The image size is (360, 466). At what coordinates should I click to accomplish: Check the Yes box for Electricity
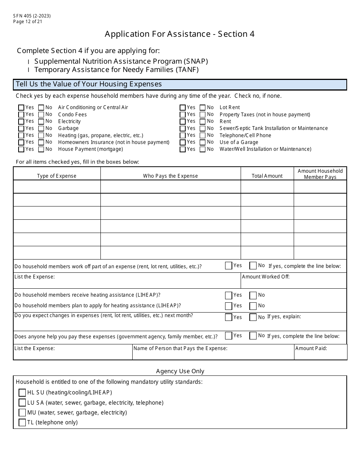point(21,122)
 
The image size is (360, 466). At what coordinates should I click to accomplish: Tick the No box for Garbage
point(41,128)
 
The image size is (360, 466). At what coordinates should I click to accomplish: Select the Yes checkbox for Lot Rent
point(183,108)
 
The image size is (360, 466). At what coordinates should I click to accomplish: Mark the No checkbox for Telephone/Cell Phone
point(203,135)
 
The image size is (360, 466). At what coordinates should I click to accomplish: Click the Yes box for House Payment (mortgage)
point(21,149)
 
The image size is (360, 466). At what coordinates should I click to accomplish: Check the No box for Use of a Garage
point(203,142)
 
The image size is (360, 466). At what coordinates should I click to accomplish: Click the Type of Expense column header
point(57,176)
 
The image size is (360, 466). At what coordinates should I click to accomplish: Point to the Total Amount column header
point(267,176)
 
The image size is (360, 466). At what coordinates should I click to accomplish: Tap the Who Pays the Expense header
point(171,176)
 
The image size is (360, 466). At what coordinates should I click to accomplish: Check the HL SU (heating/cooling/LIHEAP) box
point(22,393)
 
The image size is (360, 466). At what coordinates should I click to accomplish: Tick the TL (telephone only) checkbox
point(22,422)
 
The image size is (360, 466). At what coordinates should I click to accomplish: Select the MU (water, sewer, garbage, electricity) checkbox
point(22,413)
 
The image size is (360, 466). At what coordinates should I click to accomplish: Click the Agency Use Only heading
point(180,371)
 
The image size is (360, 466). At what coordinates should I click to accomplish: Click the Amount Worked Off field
point(294,282)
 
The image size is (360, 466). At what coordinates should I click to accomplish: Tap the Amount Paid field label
point(311,348)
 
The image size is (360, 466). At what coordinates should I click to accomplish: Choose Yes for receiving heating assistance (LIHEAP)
point(229,295)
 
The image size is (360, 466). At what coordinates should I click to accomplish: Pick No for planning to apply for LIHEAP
point(253,306)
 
